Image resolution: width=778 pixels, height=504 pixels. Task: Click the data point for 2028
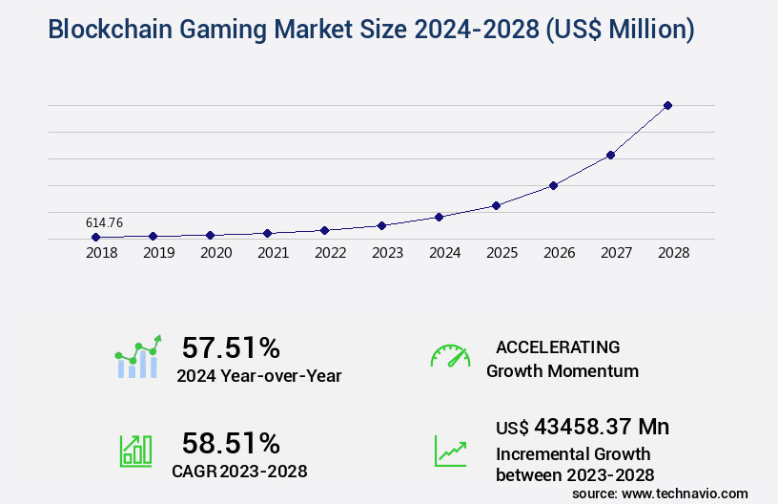tap(667, 105)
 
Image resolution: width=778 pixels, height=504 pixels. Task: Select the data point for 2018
tap(95, 237)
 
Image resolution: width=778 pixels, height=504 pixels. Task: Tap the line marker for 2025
tap(496, 205)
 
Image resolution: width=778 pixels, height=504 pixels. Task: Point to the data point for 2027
tap(610, 155)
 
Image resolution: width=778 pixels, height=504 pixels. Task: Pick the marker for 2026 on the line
tap(553, 185)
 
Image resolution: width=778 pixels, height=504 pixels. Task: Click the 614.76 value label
tap(104, 222)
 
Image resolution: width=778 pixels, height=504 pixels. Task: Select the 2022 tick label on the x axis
tap(330, 254)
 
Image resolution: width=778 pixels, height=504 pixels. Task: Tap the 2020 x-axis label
tap(215, 254)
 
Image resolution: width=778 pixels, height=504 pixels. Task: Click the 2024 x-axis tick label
tap(444, 254)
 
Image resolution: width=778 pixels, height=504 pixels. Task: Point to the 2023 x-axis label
tap(387, 254)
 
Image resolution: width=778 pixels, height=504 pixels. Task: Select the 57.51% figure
tap(231, 347)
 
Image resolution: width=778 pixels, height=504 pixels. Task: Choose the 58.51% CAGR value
tap(231, 443)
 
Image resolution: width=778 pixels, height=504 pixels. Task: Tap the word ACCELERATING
tap(558, 347)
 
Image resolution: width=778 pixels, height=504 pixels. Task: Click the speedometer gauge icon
tap(450, 356)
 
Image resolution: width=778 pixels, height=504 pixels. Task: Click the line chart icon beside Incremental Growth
tap(450, 451)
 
